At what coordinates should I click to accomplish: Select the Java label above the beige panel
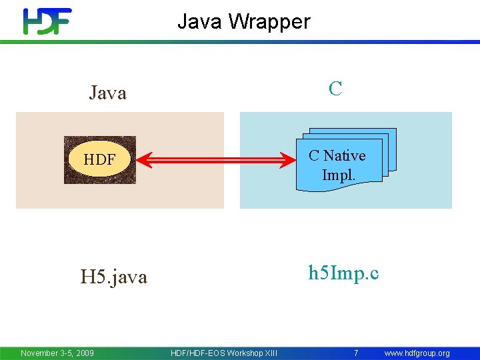(x=107, y=93)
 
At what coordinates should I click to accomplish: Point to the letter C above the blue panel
(x=335, y=89)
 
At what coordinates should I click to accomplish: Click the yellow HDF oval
(x=99, y=160)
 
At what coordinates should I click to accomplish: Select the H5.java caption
(x=113, y=277)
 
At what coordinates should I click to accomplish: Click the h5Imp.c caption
(x=343, y=273)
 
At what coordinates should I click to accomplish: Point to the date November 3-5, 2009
(x=57, y=353)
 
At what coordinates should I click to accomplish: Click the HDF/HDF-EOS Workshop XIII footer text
(x=224, y=353)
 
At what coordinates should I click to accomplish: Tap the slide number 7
(x=356, y=353)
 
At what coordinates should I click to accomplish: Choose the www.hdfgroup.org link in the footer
(x=417, y=353)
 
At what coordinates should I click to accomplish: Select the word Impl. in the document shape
(x=339, y=175)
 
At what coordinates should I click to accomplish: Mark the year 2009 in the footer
(x=84, y=353)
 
